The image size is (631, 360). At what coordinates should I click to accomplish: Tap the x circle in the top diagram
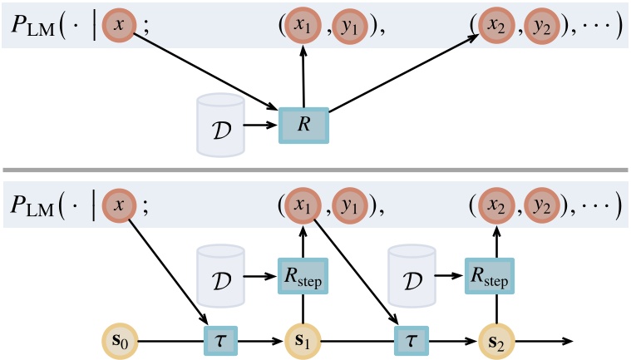tap(121, 26)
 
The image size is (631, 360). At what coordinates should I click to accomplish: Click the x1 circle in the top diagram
tap(303, 26)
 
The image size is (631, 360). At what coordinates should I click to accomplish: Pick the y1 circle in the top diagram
tap(348, 26)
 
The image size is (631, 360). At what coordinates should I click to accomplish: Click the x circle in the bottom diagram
tap(121, 205)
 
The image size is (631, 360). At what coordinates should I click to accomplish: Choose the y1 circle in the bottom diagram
tap(348, 205)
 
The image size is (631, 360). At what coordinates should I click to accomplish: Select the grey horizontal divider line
tap(315, 170)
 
